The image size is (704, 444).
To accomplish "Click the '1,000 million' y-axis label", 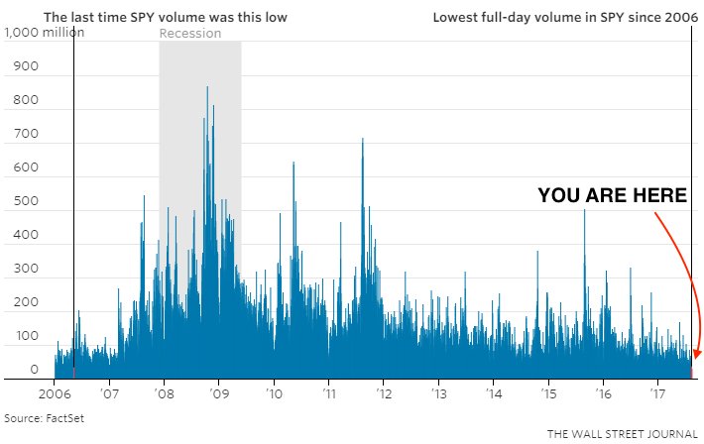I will click(x=45, y=33).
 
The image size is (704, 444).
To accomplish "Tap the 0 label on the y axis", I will click(x=33, y=370).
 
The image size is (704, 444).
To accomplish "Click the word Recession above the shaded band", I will click(x=190, y=33).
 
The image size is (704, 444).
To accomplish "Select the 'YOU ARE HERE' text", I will click(x=613, y=196).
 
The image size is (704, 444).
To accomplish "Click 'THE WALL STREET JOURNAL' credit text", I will click(x=622, y=434).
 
